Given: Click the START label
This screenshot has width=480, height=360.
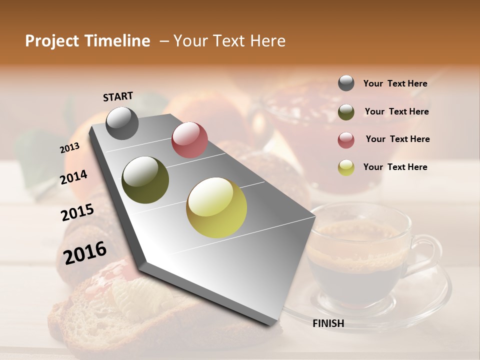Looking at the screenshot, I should click(x=118, y=96).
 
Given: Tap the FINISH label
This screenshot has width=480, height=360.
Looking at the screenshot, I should click(x=328, y=323).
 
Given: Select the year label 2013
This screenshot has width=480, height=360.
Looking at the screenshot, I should click(x=69, y=148).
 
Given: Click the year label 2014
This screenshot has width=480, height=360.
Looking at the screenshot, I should click(x=73, y=177).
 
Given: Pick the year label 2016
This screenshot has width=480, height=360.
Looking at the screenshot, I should click(x=85, y=252).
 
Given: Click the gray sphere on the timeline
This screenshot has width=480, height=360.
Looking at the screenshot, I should click(x=122, y=123).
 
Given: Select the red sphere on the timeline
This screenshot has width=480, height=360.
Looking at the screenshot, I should click(x=189, y=140).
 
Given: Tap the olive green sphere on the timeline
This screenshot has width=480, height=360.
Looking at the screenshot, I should click(x=145, y=180).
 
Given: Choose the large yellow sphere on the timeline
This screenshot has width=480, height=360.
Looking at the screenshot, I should click(x=216, y=207).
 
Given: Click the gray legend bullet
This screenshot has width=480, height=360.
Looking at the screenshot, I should click(x=346, y=83).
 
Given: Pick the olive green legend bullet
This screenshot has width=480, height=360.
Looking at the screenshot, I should click(x=346, y=112).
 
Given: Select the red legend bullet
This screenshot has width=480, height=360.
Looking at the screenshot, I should click(x=346, y=140).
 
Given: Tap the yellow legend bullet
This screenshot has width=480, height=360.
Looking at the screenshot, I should click(x=346, y=167).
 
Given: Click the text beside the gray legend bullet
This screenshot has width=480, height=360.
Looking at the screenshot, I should click(x=395, y=84).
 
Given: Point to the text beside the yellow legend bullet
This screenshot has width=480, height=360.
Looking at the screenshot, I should click(x=395, y=167).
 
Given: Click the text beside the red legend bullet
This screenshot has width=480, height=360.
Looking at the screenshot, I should click(x=397, y=139).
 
